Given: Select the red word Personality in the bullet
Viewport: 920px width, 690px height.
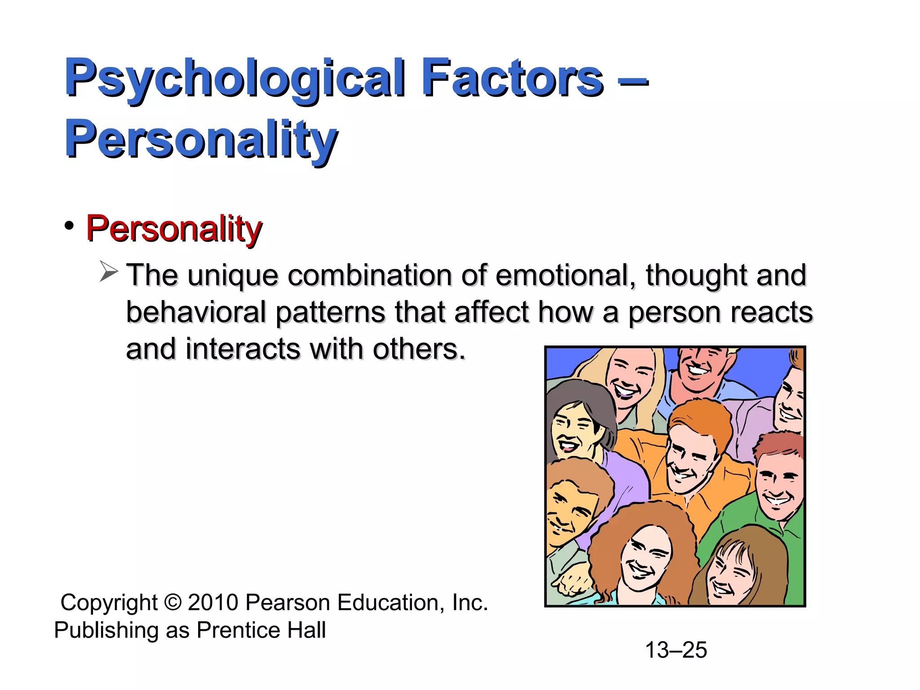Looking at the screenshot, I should (174, 229).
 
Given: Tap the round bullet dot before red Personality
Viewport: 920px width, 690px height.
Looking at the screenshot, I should (69, 226).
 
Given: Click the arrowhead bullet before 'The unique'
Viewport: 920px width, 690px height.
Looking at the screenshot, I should (108, 272).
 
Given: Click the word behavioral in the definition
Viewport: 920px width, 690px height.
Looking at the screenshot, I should (196, 312).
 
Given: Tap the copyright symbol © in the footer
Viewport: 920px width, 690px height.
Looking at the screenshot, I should (172, 603).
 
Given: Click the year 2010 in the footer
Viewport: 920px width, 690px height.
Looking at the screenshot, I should (213, 602).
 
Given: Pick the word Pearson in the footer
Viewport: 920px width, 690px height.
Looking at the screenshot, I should (288, 602).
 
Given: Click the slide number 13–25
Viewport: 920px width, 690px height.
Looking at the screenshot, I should (676, 650).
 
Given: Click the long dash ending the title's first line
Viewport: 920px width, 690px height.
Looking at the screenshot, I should (633, 82).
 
